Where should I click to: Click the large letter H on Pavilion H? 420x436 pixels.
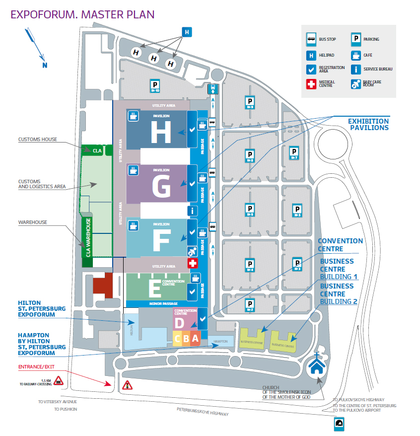click(x=160, y=133)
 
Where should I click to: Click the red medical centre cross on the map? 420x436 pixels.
click(x=192, y=263)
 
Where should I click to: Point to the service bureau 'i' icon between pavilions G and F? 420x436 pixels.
click(x=192, y=211)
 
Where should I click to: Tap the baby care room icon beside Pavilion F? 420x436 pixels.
click(x=192, y=251)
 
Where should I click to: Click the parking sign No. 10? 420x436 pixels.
click(x=155, y=87)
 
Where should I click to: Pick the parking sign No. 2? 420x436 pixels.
click(x=250, y=305)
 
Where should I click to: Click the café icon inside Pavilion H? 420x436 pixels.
click(x=133, y=116)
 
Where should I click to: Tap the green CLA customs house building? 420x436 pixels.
click(x=97, y=150)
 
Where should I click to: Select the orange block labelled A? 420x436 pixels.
click(x=195, y=338)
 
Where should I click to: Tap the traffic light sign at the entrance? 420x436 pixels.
click(x=127, y=384)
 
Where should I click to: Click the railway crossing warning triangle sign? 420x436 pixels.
click(x=58, y=381)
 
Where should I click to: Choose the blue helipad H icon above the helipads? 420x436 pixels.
click(x=187, y=32)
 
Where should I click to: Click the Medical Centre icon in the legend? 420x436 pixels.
click(x=311, y=84)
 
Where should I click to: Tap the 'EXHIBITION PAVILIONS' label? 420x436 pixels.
click(x=368, y=124)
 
